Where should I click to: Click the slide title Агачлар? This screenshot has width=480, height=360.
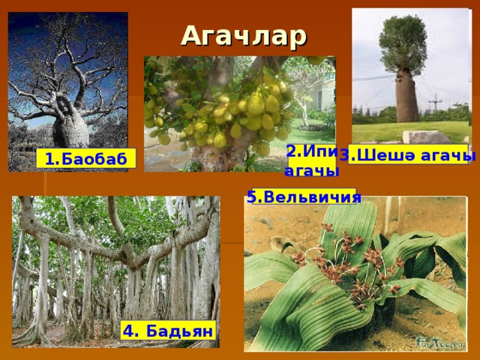click(244, 37)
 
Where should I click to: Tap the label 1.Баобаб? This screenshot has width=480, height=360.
click(86, 159)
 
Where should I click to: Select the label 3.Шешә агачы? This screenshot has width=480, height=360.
click(408, 155)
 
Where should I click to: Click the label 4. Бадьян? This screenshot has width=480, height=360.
click(168, 331)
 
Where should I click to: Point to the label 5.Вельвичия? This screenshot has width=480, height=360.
click(304, 196)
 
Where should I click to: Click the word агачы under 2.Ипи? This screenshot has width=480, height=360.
click(311, 172)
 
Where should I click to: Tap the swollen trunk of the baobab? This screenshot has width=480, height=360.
click(71, 130)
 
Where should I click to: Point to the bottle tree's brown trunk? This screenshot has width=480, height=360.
click(406, 97)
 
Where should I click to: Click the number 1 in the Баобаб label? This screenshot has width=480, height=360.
click(49, 160)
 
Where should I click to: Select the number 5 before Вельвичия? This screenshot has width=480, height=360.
click(250, 196)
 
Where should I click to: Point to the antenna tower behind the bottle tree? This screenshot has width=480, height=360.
click(435, 103)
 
